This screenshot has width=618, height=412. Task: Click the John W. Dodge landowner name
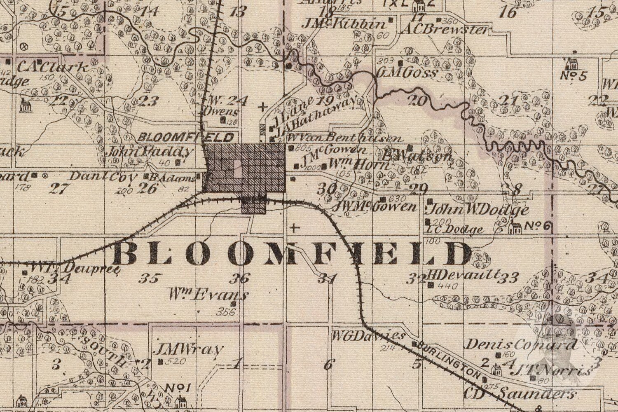click(478, 210)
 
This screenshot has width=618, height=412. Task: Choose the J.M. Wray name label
click(188, 350)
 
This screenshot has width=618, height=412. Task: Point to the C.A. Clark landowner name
click(54, 67)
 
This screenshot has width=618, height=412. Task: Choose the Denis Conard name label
click(521, 344)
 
